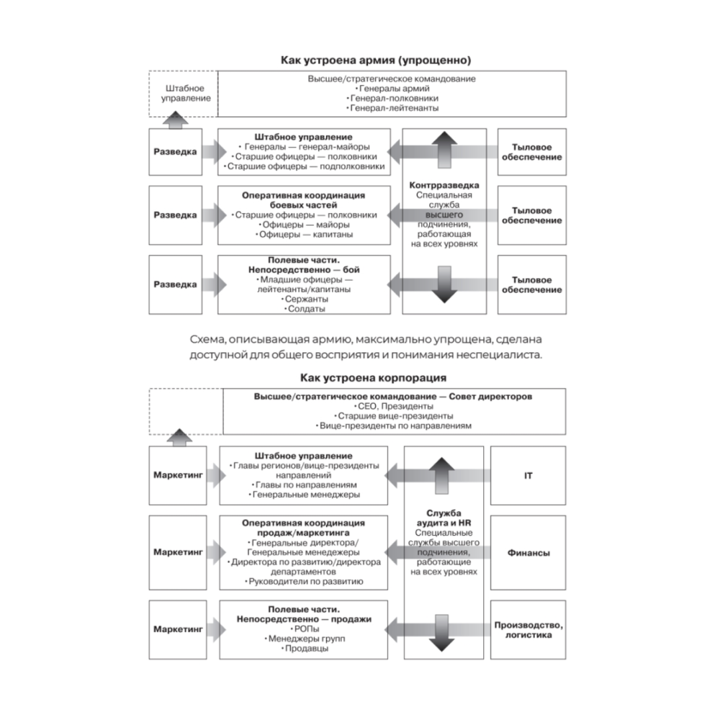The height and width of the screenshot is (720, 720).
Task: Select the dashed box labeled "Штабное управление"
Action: tap(183, 93)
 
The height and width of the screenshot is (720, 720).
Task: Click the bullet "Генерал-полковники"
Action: tap(393, 97)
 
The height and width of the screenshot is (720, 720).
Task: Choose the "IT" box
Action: tap(528, 476)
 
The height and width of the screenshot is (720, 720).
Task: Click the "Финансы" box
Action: tap(528, 553)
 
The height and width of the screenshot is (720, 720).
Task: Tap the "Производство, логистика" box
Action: tap(528, 630)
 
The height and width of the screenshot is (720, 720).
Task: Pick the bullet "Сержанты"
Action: tap(306, 299)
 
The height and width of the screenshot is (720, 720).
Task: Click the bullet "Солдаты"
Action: tap(306, 309)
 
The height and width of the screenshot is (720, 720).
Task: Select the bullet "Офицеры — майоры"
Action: tap(306, 225)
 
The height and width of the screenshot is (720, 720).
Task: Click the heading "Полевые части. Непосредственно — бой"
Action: tap(306, 264)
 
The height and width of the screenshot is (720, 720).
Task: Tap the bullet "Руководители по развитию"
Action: tap(305, 580)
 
